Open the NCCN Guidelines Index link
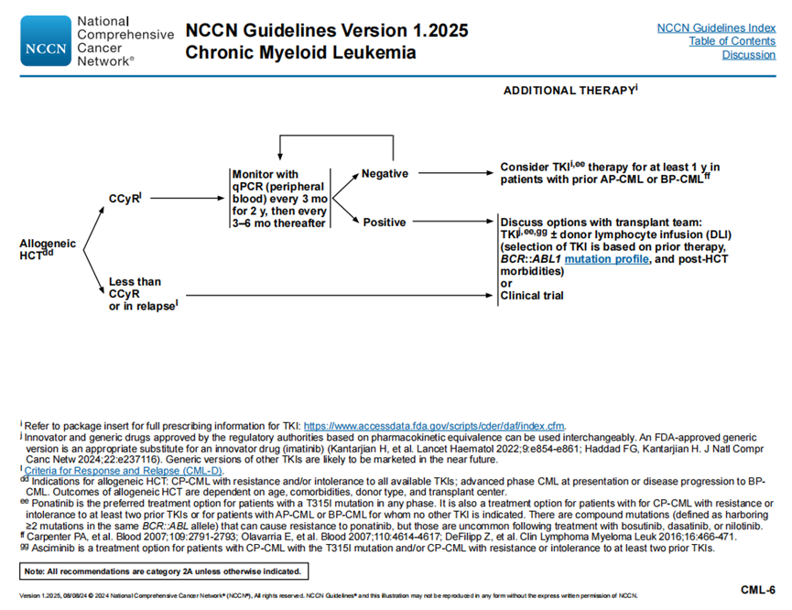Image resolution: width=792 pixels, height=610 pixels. coord(716,27)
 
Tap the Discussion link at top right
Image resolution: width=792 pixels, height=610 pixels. coord(748,55)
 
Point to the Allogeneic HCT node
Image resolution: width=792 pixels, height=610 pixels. coord(47,250)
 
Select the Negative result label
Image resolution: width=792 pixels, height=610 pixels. coord(385,174)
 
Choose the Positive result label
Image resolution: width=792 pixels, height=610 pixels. coord(384,222)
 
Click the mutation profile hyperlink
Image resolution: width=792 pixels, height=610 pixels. coord(606,259)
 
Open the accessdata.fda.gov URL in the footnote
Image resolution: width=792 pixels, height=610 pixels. coord(434,426)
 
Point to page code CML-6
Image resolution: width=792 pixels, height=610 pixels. coord(757,589)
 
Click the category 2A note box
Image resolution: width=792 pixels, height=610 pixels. coord(161,572)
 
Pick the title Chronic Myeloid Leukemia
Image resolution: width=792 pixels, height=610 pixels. coord(300,52)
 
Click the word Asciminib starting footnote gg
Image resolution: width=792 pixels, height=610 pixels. coord(46,548)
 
